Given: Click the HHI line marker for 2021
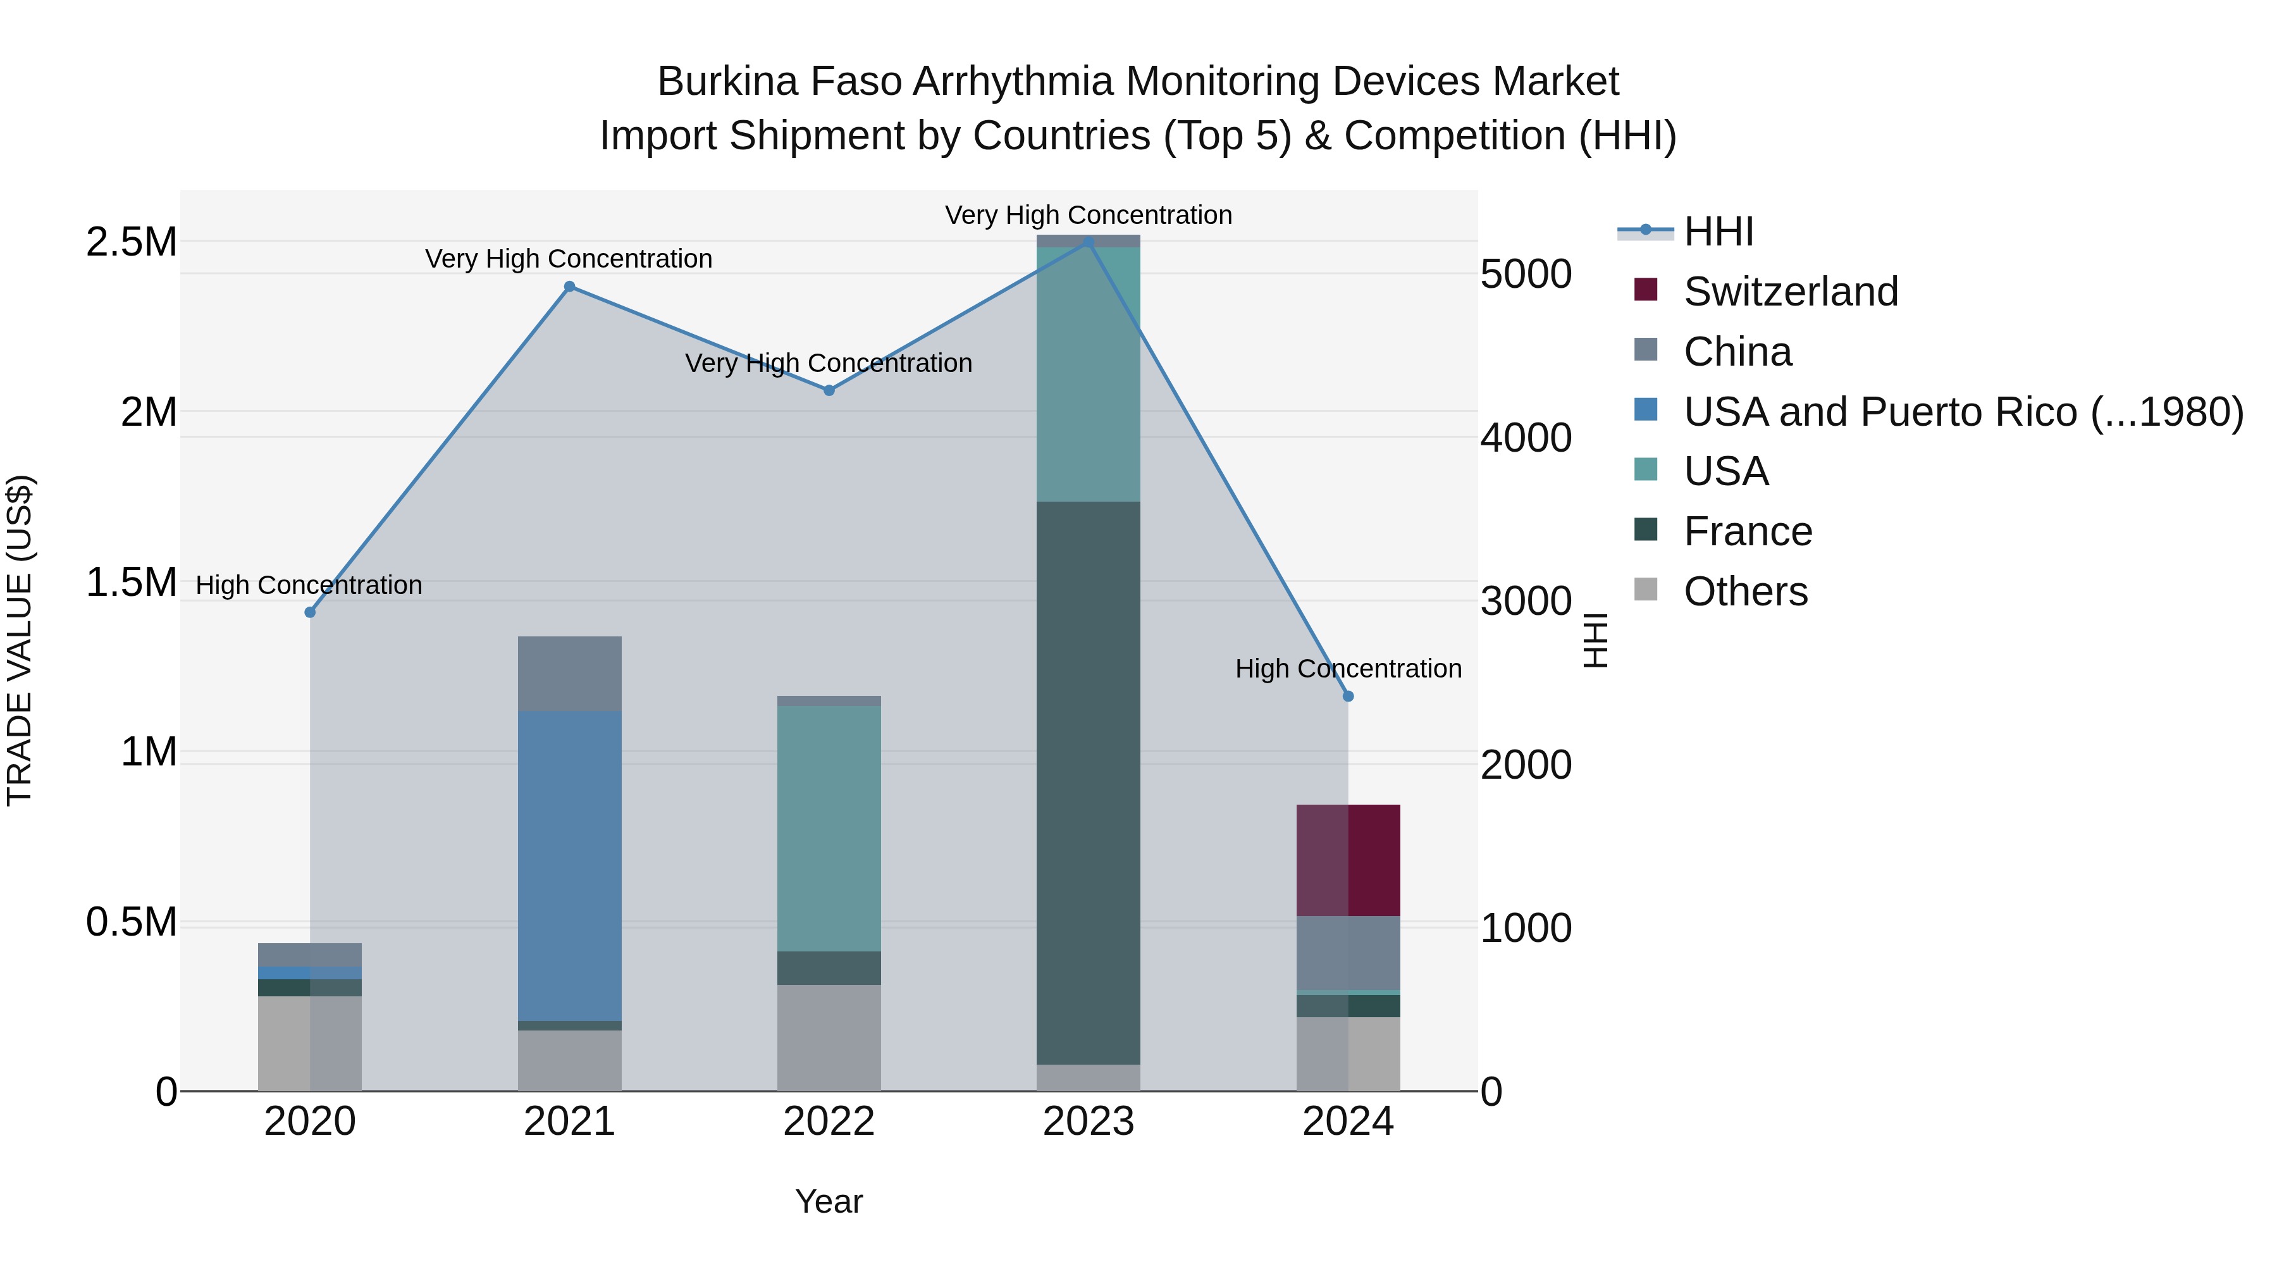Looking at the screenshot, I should click(x=569, y=287).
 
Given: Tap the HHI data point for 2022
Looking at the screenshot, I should click(x=829, y=390).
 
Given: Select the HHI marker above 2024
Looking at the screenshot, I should click(x=1348, y=696).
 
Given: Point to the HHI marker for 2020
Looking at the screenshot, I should click(x=311, y=612).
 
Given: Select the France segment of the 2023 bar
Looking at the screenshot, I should click(x=1088, y=783).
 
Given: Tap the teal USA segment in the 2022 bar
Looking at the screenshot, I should click(x=829, y=827).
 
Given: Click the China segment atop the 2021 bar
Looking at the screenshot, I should click(x=569, y=673).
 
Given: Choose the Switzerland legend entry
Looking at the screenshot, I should click(x=1790, y=292).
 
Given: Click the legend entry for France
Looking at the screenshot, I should click(x=1748, y=531).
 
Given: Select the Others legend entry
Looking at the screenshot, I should click(x=1745, y=591).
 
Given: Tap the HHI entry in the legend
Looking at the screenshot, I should click(x=1717, y=232).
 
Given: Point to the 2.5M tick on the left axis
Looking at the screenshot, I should click(x=131, y=242).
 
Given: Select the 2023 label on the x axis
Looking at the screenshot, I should click(x=1088, y=1122).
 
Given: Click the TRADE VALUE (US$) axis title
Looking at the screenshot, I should click(x=20, y=640).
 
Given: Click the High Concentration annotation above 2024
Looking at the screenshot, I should click(x=1348, y=669).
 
